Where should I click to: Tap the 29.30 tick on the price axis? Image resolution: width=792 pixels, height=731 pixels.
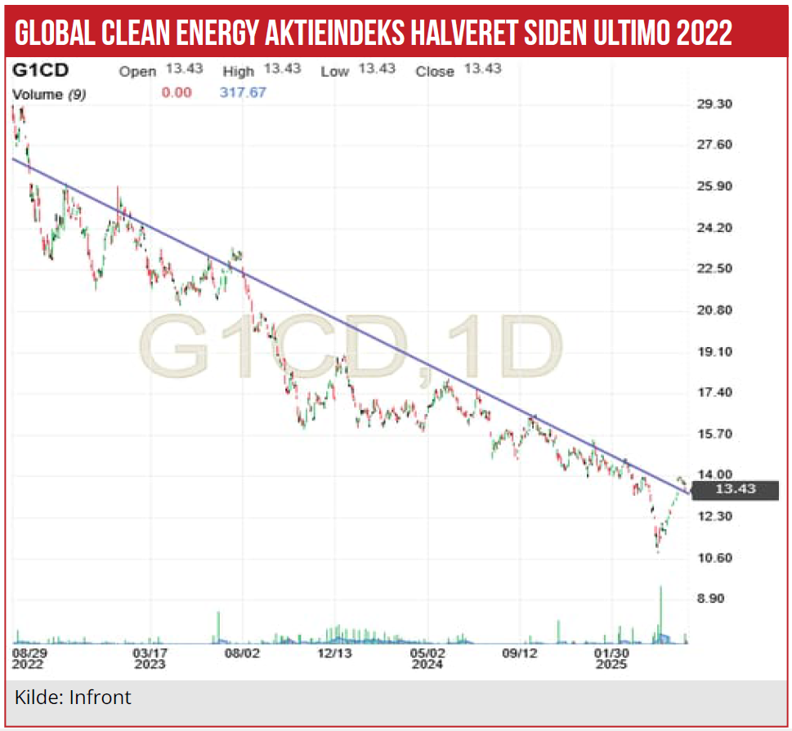click(x=716, y=104)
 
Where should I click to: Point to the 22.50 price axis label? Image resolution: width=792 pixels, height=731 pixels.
click(x=716, y=269)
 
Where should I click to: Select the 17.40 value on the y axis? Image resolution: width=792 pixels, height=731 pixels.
click(x=716, y=393)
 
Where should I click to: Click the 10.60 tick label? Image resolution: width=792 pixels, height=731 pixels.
click(x=716, y=558)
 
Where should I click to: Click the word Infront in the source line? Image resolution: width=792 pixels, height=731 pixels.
click(x=100, y=698)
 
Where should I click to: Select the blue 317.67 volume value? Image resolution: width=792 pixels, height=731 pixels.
click(x=243, y=92)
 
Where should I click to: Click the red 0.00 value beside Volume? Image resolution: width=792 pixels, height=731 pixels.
click(x=177, y=92)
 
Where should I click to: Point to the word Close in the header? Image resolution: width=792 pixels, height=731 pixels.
click(x=434, y=71)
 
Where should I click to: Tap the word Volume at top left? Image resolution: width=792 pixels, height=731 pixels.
click(x=38, y=94)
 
